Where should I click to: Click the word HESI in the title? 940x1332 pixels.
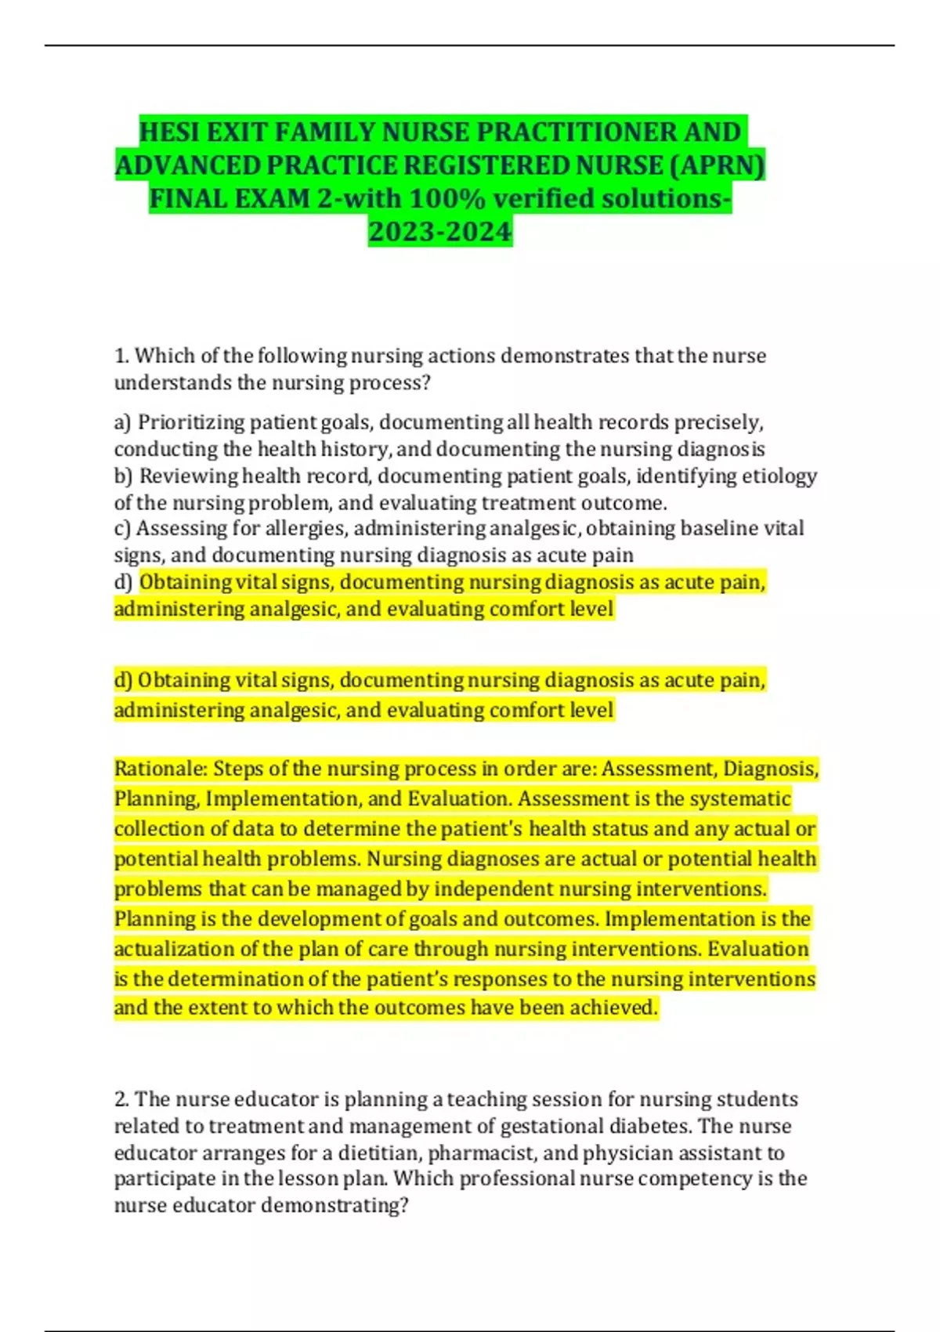coord(168,132)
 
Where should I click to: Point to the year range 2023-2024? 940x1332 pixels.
coord(439,232)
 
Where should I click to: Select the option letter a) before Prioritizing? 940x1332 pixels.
coord(123,423)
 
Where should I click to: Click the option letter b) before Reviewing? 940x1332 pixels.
coord(124,476)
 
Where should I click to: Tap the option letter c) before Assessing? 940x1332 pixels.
coord(122,529)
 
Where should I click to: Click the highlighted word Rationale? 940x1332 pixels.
coord(161,769)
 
